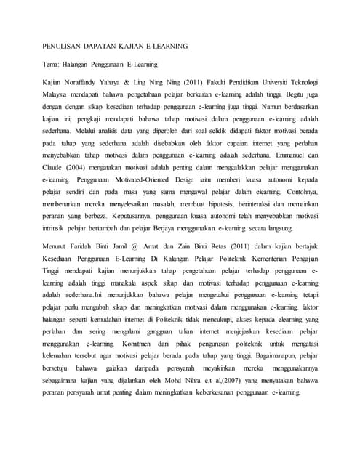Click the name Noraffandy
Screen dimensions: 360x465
pos(84,84)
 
